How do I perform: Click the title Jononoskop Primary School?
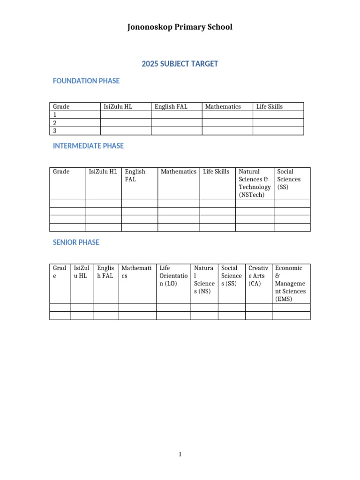tap(180, 27)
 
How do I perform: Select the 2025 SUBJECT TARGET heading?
tap(180, 64)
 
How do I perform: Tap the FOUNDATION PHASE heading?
tap(86, 81)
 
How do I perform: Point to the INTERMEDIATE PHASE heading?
tap(88, 146)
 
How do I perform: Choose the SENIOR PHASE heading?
tap(76, 242)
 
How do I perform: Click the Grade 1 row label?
tap(55, 115)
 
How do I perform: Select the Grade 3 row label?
tap(55, 131)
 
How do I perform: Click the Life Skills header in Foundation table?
tap(270, 106)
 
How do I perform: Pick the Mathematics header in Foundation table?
tap(223, 106)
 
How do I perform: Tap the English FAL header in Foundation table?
tap(171, 106)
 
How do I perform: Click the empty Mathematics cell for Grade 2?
tap(227, 123)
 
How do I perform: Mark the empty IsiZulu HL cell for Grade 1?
tap(126, 115)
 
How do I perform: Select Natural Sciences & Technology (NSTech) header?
tap(255, 183)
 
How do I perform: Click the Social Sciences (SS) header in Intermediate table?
tap(289, 179)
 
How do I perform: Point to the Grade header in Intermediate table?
tap(61, 172)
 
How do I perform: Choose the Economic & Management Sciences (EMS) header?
tap(291, 283)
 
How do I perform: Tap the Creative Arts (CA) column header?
tap(258, 276)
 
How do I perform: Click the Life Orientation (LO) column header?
tap(173, 276)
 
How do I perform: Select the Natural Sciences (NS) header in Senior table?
tap(204, 279)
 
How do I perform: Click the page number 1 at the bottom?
tap(180, 454)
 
